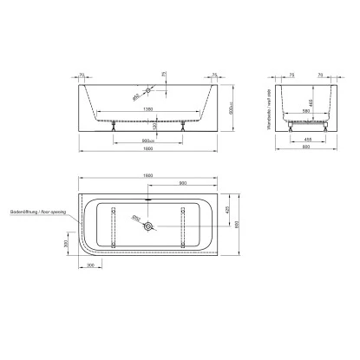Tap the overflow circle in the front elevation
149,90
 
